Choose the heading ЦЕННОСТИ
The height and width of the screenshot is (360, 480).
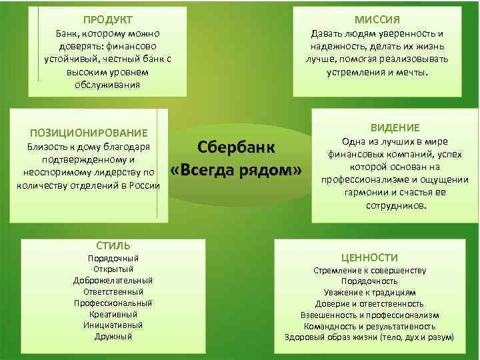(x=370, y=257)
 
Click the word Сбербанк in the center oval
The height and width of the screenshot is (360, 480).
(x=237, y=148)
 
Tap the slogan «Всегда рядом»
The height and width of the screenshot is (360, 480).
(x=237, y=171)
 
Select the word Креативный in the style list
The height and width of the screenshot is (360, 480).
(x=113, y=314)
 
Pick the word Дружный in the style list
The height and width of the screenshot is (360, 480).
(x=113, y=337)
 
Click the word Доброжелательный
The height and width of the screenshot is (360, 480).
(x=113, y=280)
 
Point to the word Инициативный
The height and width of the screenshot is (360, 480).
(x=113, y=325)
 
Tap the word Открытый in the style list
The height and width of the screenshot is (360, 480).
(x=113, y=269)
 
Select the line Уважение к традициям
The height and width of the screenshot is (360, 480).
(x=370, y=293)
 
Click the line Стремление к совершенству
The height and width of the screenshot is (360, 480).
(x=370, y=271)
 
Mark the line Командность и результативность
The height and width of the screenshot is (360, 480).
(x=370, y=326)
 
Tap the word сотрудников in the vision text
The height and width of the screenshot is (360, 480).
(x=397, y=206)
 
